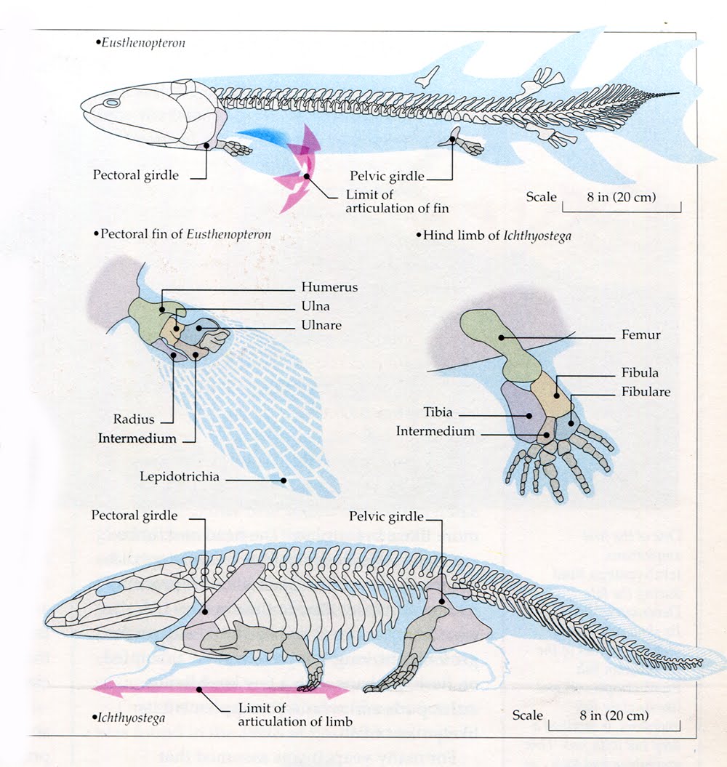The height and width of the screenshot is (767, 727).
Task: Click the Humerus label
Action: click(329, 287)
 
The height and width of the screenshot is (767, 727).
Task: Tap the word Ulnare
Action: click(321, 325)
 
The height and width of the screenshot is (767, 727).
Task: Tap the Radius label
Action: click(134, 419)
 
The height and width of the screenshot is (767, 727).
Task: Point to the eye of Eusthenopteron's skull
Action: click(111, 103)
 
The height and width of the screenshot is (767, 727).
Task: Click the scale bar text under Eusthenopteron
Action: click(621, 197)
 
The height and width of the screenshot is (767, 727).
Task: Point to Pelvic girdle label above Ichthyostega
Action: click(385, 516)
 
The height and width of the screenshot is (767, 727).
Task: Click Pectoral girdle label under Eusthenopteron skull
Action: click(135, 175)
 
